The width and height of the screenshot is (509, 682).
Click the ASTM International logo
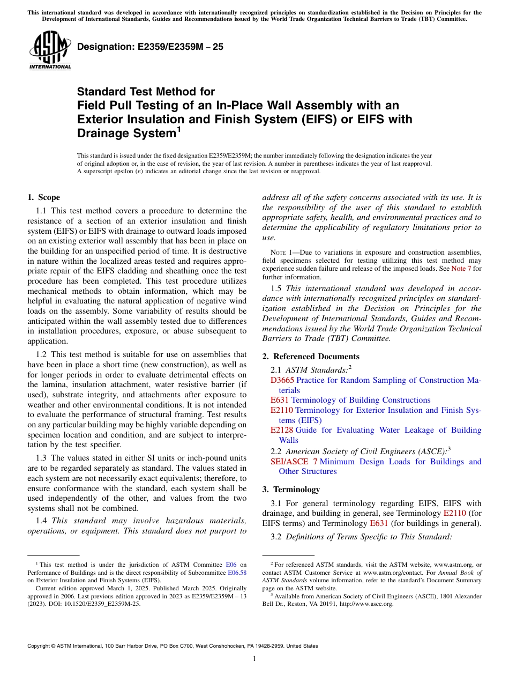click(50, 51)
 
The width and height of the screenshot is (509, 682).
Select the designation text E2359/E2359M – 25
click(150, 47)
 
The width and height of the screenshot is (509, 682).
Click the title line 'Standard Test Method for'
click(146, 92)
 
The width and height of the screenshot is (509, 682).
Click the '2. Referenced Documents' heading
click(311, 357)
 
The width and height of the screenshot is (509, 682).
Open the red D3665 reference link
click(282, 380)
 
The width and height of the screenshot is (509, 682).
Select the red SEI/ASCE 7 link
click(294, 462)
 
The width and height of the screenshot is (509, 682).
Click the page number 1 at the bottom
click(254, 659)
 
